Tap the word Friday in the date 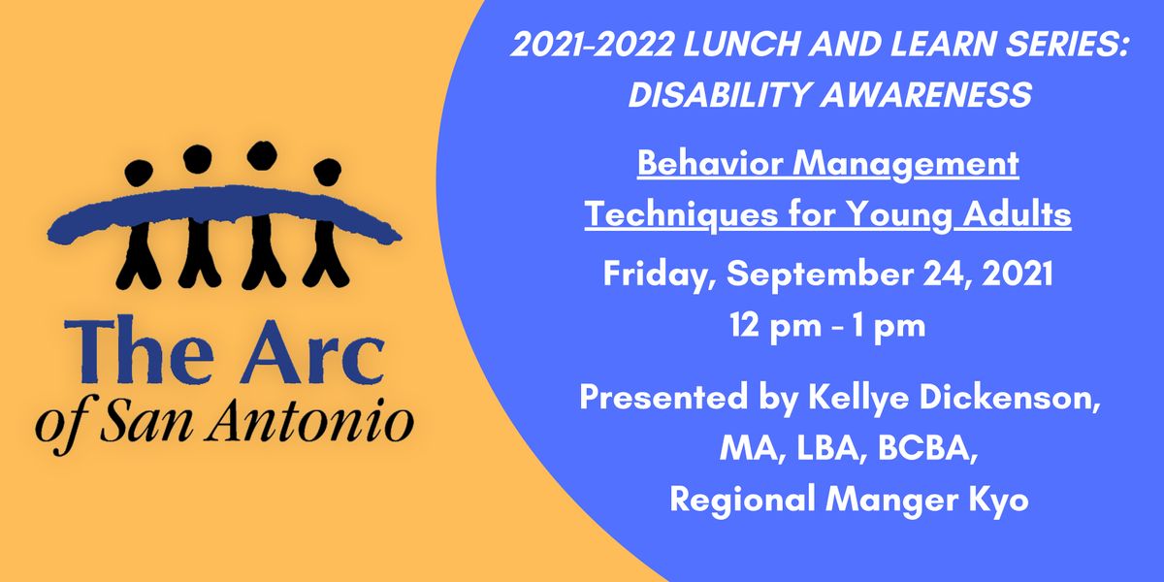point(658,275)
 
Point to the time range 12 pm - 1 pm point(827,326)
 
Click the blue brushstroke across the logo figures point(233,210)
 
